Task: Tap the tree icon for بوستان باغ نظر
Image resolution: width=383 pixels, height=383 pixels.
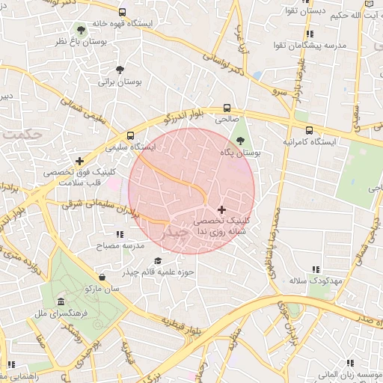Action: (x=80, y=30)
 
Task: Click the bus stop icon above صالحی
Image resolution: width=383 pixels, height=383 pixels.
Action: (x=227, y=108)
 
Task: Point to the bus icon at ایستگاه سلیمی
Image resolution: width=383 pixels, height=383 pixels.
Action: (x=131, y=136)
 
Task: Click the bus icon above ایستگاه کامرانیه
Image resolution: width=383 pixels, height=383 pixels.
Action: (x=309, y=128)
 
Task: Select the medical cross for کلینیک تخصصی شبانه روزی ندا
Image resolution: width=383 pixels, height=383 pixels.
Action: (x=221, y=209)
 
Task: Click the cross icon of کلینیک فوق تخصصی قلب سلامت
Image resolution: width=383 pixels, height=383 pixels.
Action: (x=79, y=161)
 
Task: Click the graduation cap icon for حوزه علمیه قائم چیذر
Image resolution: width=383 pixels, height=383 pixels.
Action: (x=135, y=260)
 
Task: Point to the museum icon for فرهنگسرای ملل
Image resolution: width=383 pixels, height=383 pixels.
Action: (x=59, y=301)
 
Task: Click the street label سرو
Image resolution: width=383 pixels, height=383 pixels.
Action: (x=280, y=91)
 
